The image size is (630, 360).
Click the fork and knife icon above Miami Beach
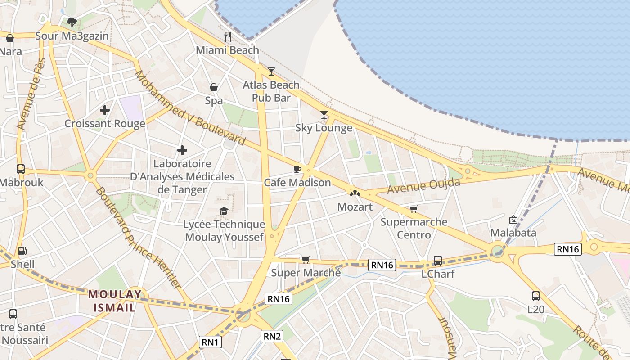click(x=228, y=36)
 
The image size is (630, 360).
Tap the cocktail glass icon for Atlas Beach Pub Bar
click(x=271, y=71)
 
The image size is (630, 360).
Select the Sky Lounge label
click(x=324, y=128)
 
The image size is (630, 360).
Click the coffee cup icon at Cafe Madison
click(x=297, y=169)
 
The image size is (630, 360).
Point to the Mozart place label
click(x=355, y=207)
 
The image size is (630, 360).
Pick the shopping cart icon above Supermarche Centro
click(x=414, y=209)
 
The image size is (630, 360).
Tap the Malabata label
click(x=513, y=233)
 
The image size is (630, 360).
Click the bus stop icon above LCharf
click(x=437, y=260)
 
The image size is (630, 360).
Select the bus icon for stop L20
click(x=535, y=296)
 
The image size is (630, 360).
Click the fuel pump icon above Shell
click(x=22, y=251)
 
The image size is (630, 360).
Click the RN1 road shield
click(x=210, y=342)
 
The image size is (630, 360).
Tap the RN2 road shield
click(x=272, y=336)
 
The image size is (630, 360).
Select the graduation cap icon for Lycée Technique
click(x=224, y=211)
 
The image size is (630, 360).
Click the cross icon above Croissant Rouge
click(x=105, y=110)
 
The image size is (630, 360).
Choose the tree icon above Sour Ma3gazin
click(x=72, y=22)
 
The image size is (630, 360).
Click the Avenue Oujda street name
click(x=424, y=186)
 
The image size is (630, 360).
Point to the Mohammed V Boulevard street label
click(x=190, y=108)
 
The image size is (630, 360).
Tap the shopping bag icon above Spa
click(x=214, y=87)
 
